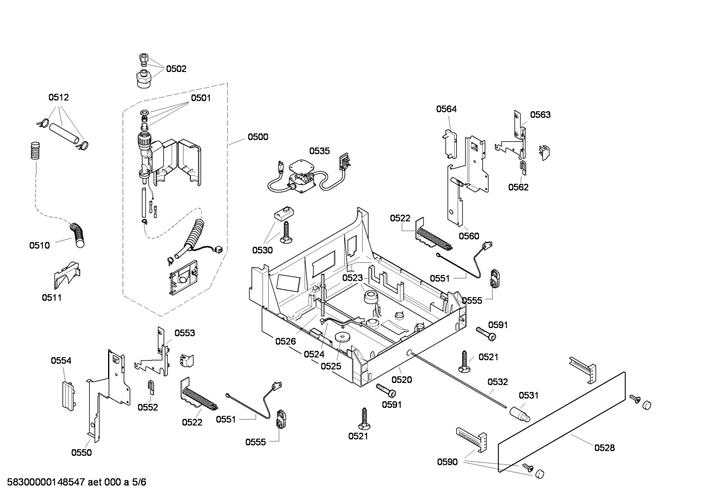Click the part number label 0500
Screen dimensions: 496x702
tap(258, 137)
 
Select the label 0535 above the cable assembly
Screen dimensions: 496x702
tap(319, 151)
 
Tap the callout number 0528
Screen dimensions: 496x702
tap(604, 448)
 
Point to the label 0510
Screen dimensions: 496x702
tap(39, 245)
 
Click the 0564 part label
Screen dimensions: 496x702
tap(446, 109)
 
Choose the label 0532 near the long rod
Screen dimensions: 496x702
tap(498, 382)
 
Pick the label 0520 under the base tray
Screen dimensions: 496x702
tap(402, 380)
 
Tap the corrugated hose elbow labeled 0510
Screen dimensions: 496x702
tap(77, 234)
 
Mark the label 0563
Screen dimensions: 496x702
tap(540, 115)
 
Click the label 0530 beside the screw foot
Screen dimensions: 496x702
tap(262, 250)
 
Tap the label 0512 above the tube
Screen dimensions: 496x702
tap(58, 97)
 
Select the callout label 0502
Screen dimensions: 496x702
tap(176, 69)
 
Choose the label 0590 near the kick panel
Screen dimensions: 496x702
tap(447, 462)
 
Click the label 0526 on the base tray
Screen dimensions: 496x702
tap(285, 341)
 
